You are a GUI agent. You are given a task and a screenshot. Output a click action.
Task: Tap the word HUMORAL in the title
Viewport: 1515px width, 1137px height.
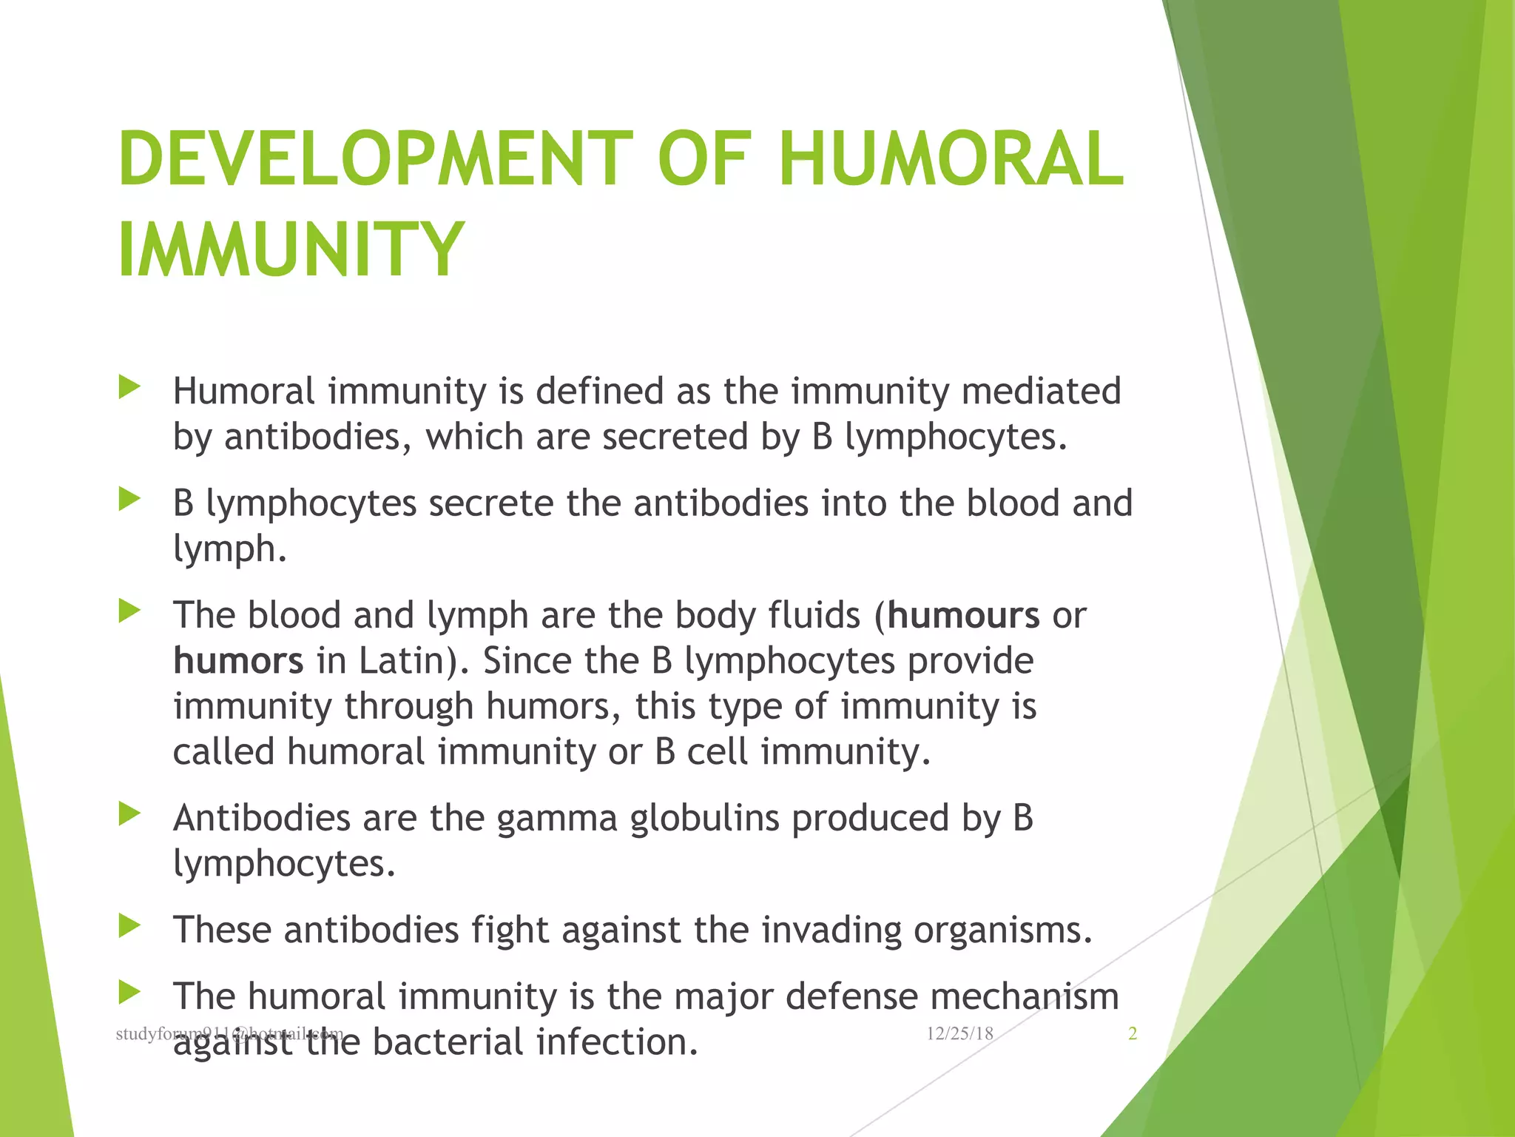point(951,159)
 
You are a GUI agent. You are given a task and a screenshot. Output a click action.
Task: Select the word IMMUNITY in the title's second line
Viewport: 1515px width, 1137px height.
point(291,249)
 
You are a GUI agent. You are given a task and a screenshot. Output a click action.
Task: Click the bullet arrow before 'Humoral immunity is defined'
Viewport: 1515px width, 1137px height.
point(129,387)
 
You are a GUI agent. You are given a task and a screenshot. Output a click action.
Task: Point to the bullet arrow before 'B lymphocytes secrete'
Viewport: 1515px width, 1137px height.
point(129,500)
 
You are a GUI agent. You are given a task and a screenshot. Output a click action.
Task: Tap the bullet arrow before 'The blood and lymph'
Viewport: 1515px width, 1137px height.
point(129,611)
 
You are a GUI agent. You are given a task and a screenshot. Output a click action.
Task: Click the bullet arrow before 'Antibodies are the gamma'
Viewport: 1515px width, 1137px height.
point(129,814)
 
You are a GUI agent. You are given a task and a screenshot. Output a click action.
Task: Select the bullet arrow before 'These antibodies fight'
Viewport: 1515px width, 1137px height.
point(129,926)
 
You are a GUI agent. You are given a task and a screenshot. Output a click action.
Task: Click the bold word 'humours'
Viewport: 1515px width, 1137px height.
point(963,615)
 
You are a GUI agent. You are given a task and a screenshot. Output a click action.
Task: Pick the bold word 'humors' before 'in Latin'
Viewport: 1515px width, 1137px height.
point(238,660)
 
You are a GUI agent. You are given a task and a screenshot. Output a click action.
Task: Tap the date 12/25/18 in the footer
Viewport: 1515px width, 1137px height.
point(959,1034)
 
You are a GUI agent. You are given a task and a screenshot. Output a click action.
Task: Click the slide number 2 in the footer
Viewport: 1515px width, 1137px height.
point(1132,1034)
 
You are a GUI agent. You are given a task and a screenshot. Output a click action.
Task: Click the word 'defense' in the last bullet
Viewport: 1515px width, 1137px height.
point(851,996)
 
